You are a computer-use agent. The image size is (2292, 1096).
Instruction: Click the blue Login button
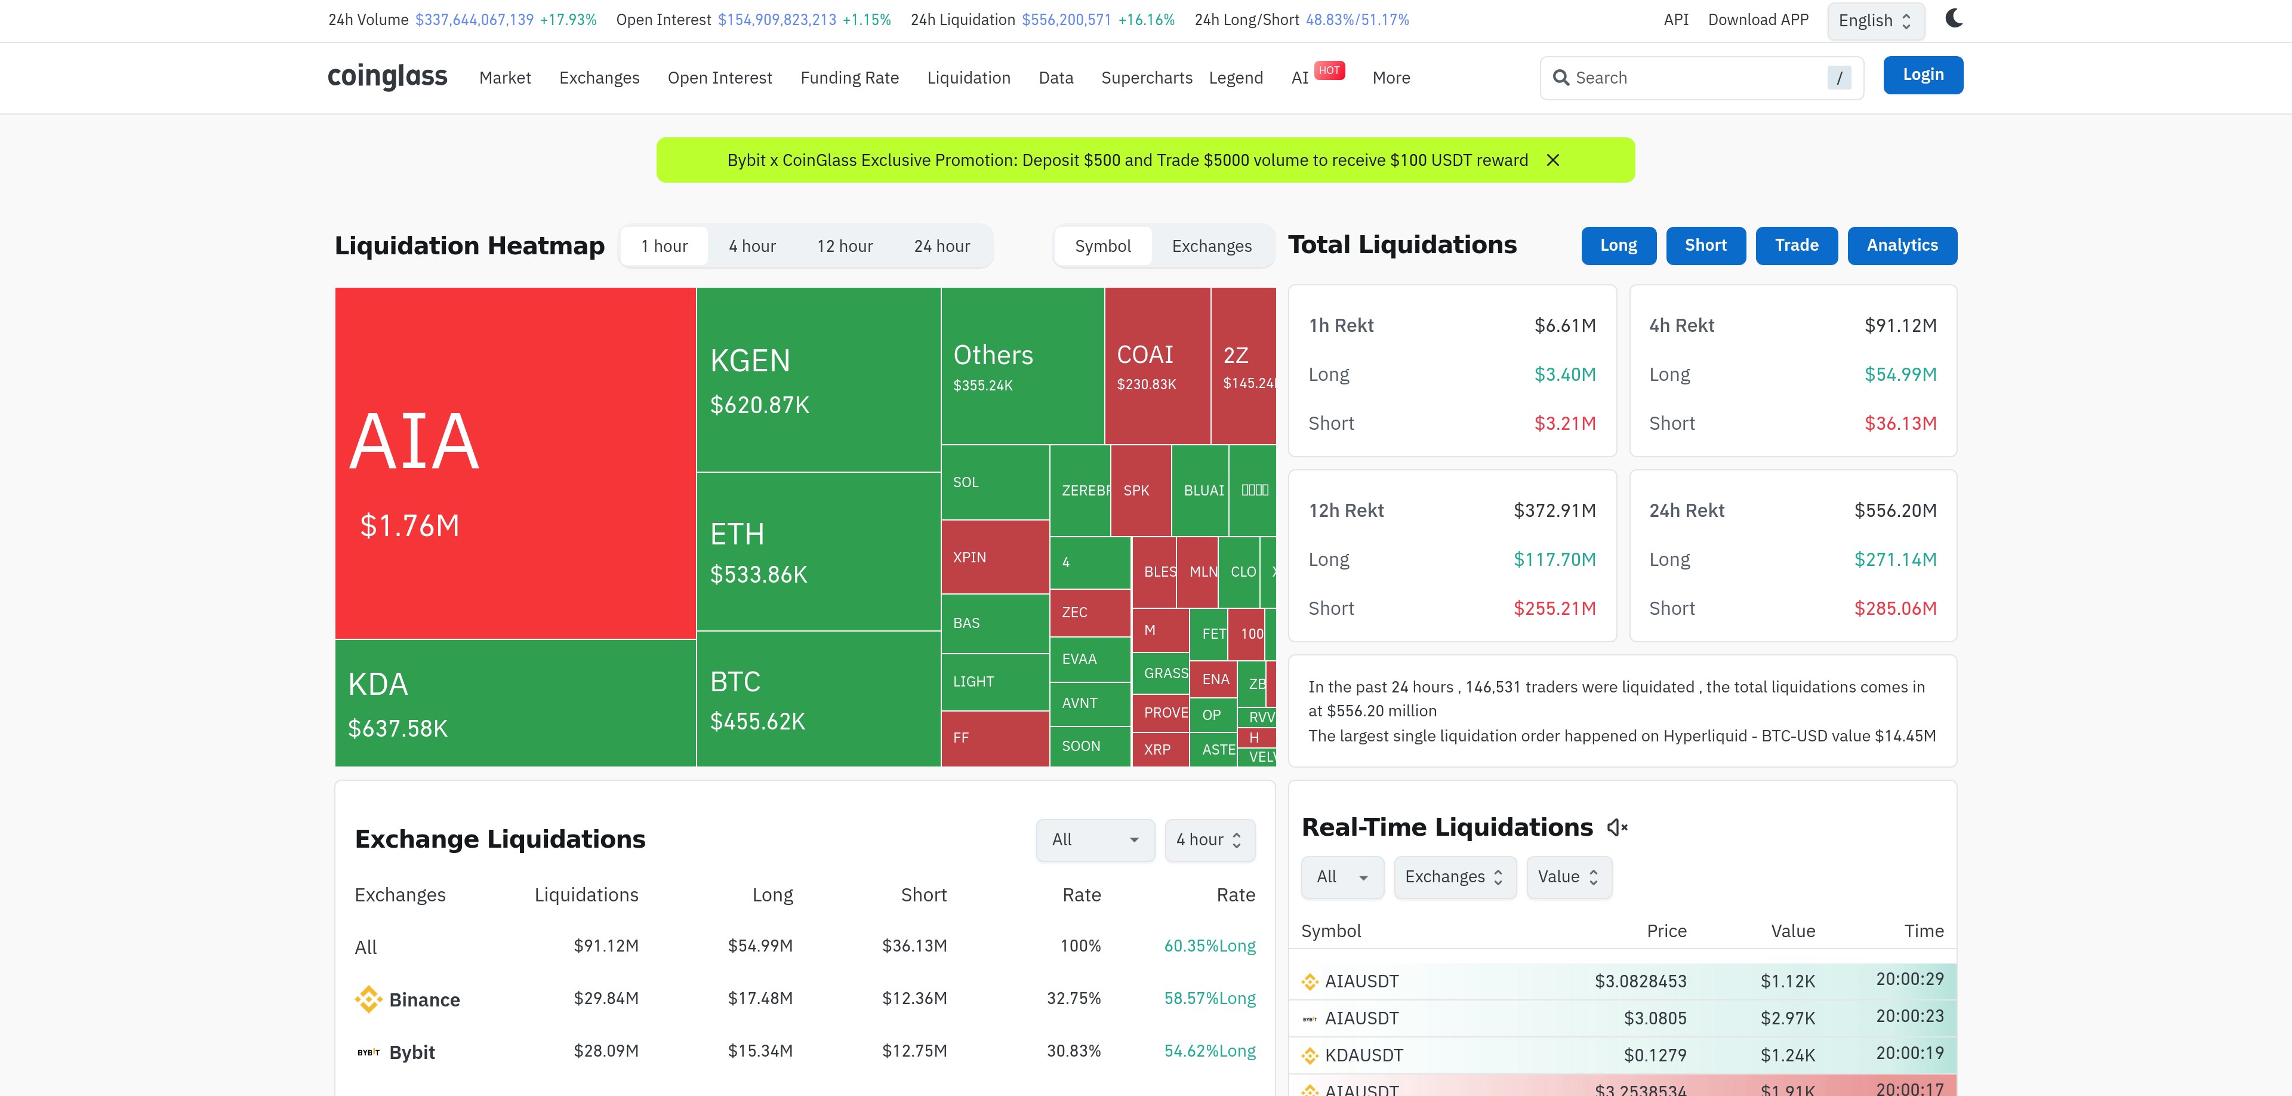coord(1923,75)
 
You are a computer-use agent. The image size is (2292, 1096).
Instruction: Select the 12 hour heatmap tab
coord(845,247)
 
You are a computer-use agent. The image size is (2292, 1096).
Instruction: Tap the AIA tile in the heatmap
coord(515,463)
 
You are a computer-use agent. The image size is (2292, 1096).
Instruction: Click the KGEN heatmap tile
coord(818,380)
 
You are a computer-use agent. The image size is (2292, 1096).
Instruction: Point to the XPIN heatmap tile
coord(994,557)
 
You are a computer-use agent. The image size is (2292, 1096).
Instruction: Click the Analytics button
coord(1902,245)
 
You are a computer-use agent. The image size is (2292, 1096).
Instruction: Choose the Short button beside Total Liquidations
coord(1705,245)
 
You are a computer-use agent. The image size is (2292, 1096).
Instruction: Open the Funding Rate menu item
coord(849,78)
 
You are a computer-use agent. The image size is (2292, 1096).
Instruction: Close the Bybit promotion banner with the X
coord(1552,160)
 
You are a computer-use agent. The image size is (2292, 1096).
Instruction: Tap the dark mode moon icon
coord(1954,19)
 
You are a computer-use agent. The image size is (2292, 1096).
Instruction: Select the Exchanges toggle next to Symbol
coord(1211,247)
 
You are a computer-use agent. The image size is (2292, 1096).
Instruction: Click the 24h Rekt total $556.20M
coord(1894,510)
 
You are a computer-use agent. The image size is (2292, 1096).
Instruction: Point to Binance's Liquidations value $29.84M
coord(605,998)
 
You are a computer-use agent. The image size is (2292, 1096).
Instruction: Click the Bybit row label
coord(411,1052)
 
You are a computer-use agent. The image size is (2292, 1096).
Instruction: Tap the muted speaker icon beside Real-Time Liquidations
coord(1617,827)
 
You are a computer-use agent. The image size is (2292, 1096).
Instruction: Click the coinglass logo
coord(387,76)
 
